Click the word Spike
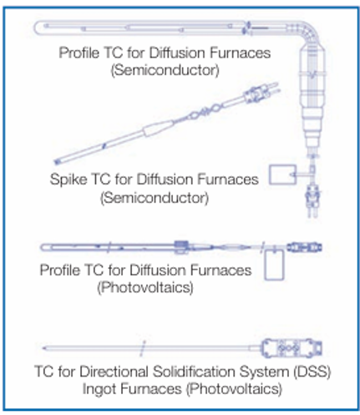[x=68, y=180]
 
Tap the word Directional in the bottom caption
[x=114, y=372]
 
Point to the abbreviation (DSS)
[x=312, y=372]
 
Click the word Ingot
[x=99, y=389]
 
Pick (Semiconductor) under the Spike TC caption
[x=155, y=198]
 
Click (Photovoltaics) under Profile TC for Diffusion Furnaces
[x=145, y=287]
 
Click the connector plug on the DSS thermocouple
[x=292, y=348]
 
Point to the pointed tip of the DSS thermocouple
[x=43, y=348]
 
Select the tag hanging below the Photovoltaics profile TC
[x=274, y=265]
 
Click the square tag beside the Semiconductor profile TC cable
[x=282, y=175]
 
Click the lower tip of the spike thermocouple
[x=57, y=161]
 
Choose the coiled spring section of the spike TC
[x=204, y=112]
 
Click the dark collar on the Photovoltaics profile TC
[x=181, y=247]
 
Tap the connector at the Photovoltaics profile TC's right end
[x=304, y=247]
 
